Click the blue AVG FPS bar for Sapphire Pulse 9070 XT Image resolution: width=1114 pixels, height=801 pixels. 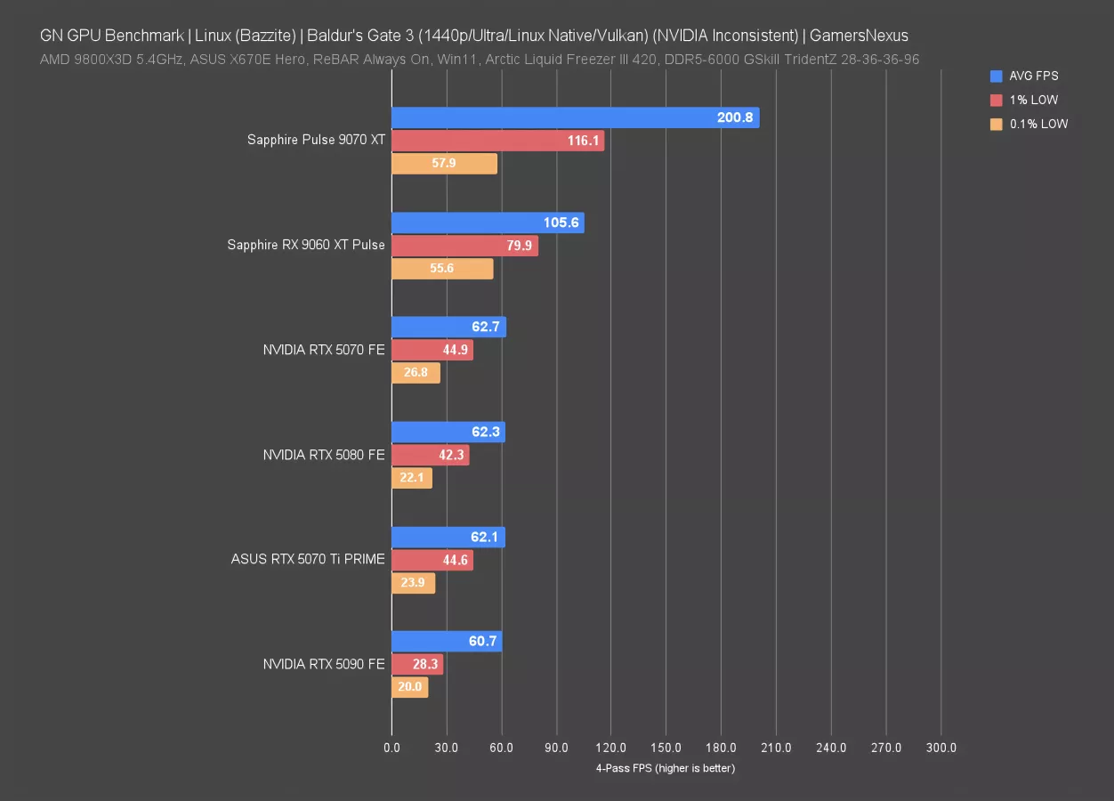pyautogui.click(x=575, y=117)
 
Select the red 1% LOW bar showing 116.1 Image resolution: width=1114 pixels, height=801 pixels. pyautogui.click(x=497, y=141)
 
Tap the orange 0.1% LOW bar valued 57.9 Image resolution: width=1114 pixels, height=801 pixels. pyautogui.click(x=444, y=164)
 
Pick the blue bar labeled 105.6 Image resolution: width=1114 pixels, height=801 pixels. pyautogui.click(x=488, y=222)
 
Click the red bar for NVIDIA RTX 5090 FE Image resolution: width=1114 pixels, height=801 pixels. pyautogui.click(x=416, y=664)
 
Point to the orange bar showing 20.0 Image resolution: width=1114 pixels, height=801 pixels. pyautogui.click(x=409, y=687)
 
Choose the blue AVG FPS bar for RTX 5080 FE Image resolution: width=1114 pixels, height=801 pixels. pyautogui.click(x=448, y=432)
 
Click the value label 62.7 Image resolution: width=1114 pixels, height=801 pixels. pyautogui.click(x=486, y=327)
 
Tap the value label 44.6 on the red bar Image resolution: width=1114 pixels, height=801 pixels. pyautogui.click(x=455, y=560)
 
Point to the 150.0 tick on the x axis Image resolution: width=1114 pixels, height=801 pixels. pyautogui.click(x=666, y=748)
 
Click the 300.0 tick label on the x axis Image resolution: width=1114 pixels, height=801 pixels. pyautogui.click(x=941, y=748)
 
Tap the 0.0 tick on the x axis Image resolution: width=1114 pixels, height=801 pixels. pyautogui.click(x=392, y=748)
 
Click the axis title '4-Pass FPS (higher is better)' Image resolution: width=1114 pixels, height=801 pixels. pyautogui.click(x=666, y=768)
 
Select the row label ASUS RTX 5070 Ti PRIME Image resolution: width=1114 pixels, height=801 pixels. pyautogui.click(x=308, y=560)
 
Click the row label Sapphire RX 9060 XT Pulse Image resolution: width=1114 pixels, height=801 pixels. pyautogui.click(x=306, y=245)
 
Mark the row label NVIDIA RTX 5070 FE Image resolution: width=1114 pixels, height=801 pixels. pyautogui.click(x=324, y=350)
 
